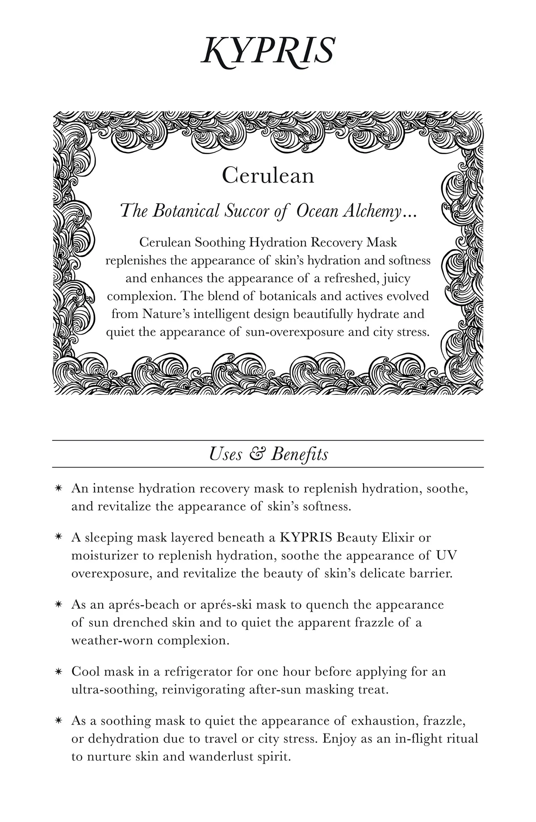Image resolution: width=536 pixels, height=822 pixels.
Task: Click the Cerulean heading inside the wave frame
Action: tap(268, 176)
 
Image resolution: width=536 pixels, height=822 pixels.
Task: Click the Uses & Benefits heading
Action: tap(268, 454)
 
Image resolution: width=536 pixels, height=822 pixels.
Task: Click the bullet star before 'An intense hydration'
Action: tap(58, 489)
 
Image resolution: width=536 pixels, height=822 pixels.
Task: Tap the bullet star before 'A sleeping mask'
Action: tap(58, 538)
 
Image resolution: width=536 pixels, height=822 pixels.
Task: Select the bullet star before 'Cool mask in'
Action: tap(58, 672)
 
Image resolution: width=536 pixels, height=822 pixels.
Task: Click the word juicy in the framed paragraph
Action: tap(396, 278)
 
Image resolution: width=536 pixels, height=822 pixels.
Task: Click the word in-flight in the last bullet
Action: tap(417, 738)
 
